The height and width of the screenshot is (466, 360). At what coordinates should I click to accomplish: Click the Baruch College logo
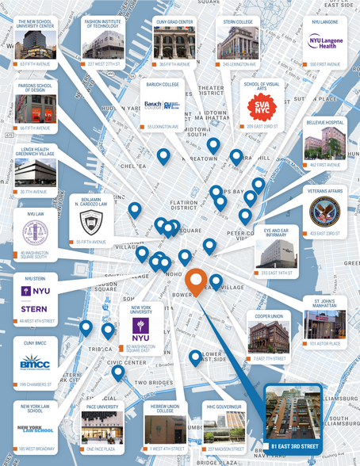coord(161,106)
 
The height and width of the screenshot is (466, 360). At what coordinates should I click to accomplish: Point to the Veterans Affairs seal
coord(325,210)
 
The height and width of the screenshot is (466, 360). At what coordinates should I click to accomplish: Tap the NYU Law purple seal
coord(34,232)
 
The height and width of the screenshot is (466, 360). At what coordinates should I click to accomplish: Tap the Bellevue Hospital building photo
coord(325,143)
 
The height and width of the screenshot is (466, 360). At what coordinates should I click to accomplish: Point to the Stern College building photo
coord(238,44)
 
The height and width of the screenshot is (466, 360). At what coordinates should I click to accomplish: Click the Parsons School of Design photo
coord(34,109)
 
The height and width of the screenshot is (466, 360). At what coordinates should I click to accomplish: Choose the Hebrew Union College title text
coord(166,409)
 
